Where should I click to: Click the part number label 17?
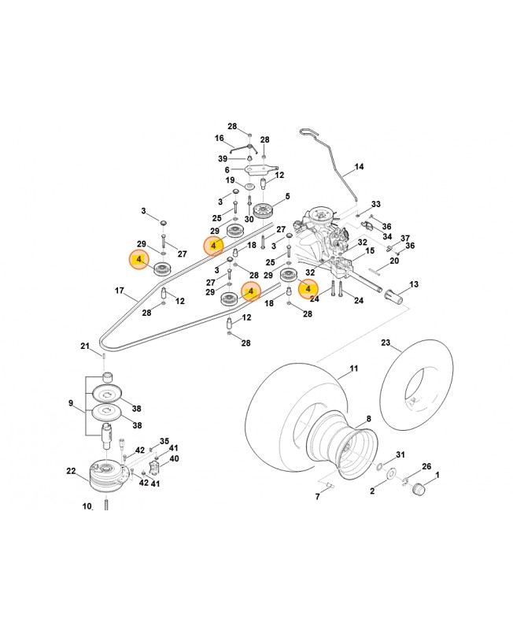tap(120, 291)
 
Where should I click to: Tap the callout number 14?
tap(360, 167)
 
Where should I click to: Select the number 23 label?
tap(386, 343)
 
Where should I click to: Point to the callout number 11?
tap(353, 369)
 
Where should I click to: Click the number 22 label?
tap(71, 471)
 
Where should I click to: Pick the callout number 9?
tap(71, 404)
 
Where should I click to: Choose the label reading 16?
tap(220, 138)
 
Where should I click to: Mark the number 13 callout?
tap(414, 283)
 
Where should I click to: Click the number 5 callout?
tap(287, 196)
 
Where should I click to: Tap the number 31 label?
tap(400, 455)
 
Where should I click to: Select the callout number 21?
tap(85, 346)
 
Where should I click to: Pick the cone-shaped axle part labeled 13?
tap(394, 298)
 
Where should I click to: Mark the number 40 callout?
tap(174, 458)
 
